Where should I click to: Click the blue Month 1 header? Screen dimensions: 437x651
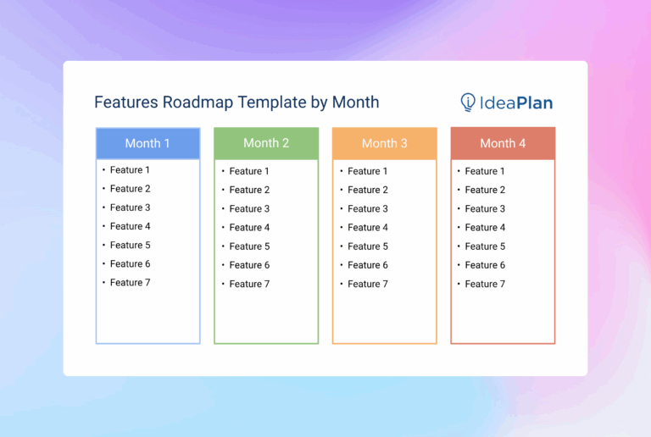click(147, 143)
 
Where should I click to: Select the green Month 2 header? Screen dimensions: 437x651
click(266, 142)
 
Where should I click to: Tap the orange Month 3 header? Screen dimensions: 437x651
click(384, 143)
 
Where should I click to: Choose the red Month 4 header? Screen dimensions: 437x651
click(503, 143)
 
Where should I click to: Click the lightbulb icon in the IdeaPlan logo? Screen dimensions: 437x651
click(467, 102)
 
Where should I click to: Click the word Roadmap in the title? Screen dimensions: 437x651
click(198, 102)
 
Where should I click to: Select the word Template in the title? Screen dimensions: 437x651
click(271, 102)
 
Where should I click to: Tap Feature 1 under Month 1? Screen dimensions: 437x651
click(130, 170)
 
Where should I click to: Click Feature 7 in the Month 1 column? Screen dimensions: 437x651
click(130, 283)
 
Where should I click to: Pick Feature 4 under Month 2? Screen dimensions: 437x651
click(249, 228)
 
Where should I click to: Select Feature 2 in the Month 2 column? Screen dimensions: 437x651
click(249, 190)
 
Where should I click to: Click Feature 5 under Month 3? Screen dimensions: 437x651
click(368, 246)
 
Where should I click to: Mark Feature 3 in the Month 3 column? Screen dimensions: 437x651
click(368, 208)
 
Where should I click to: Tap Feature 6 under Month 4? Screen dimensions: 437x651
click(485, 265)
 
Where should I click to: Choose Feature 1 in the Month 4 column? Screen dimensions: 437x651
click(485, 171)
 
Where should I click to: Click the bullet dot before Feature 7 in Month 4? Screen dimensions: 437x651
click(458, 285)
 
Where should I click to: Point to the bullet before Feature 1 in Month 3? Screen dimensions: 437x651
click(341, 171)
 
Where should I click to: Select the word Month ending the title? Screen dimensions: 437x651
click(355, 102)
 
